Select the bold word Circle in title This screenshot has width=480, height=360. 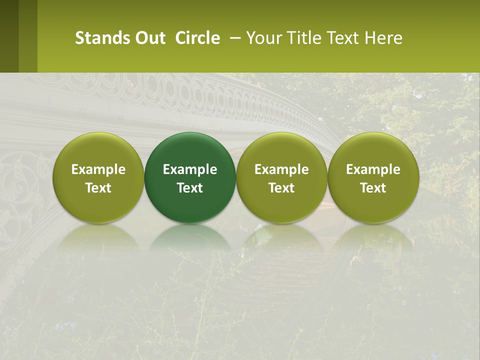pyautogui.click(x=197, y=38)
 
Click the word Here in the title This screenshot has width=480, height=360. pyautogui.click(x=383, y=38)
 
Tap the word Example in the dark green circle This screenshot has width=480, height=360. pyautogui.click(x=190, y=169)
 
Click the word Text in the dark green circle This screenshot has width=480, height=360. pyautogui.click(x=190, y=188)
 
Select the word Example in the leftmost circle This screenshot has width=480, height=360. pyautogui.click(x=98, y=169)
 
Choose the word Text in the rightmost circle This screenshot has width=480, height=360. pyautogui.click(x=373, y=188)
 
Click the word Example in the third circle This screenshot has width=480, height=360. pyautogui.click(x=281, y=169)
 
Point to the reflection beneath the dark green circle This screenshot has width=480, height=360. pyautogui.click(x=190, y=237)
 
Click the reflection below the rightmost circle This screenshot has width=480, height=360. pyautogui.click(x=373, y=237)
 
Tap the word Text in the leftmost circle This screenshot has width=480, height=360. pyautogui.click(x=98, y=188)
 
